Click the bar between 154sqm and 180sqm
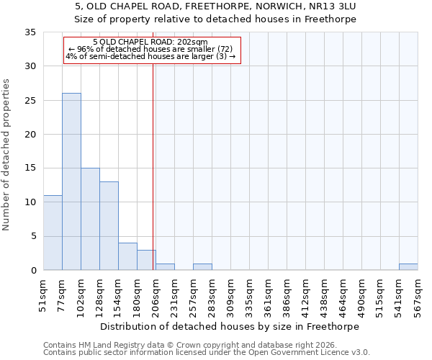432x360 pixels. click(127, 256)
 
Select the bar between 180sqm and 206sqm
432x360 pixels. click(146, 260)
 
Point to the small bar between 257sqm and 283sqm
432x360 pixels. click(202, 267)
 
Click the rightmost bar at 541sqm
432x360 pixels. click(408, 267)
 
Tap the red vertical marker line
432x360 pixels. click(153, 166)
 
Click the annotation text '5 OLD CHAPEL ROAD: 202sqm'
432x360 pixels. click(150, 42)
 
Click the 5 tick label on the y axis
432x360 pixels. click(33, 237)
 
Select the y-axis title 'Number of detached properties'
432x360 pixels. click(6, 155)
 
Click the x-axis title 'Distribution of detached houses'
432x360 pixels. click(229, 326)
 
